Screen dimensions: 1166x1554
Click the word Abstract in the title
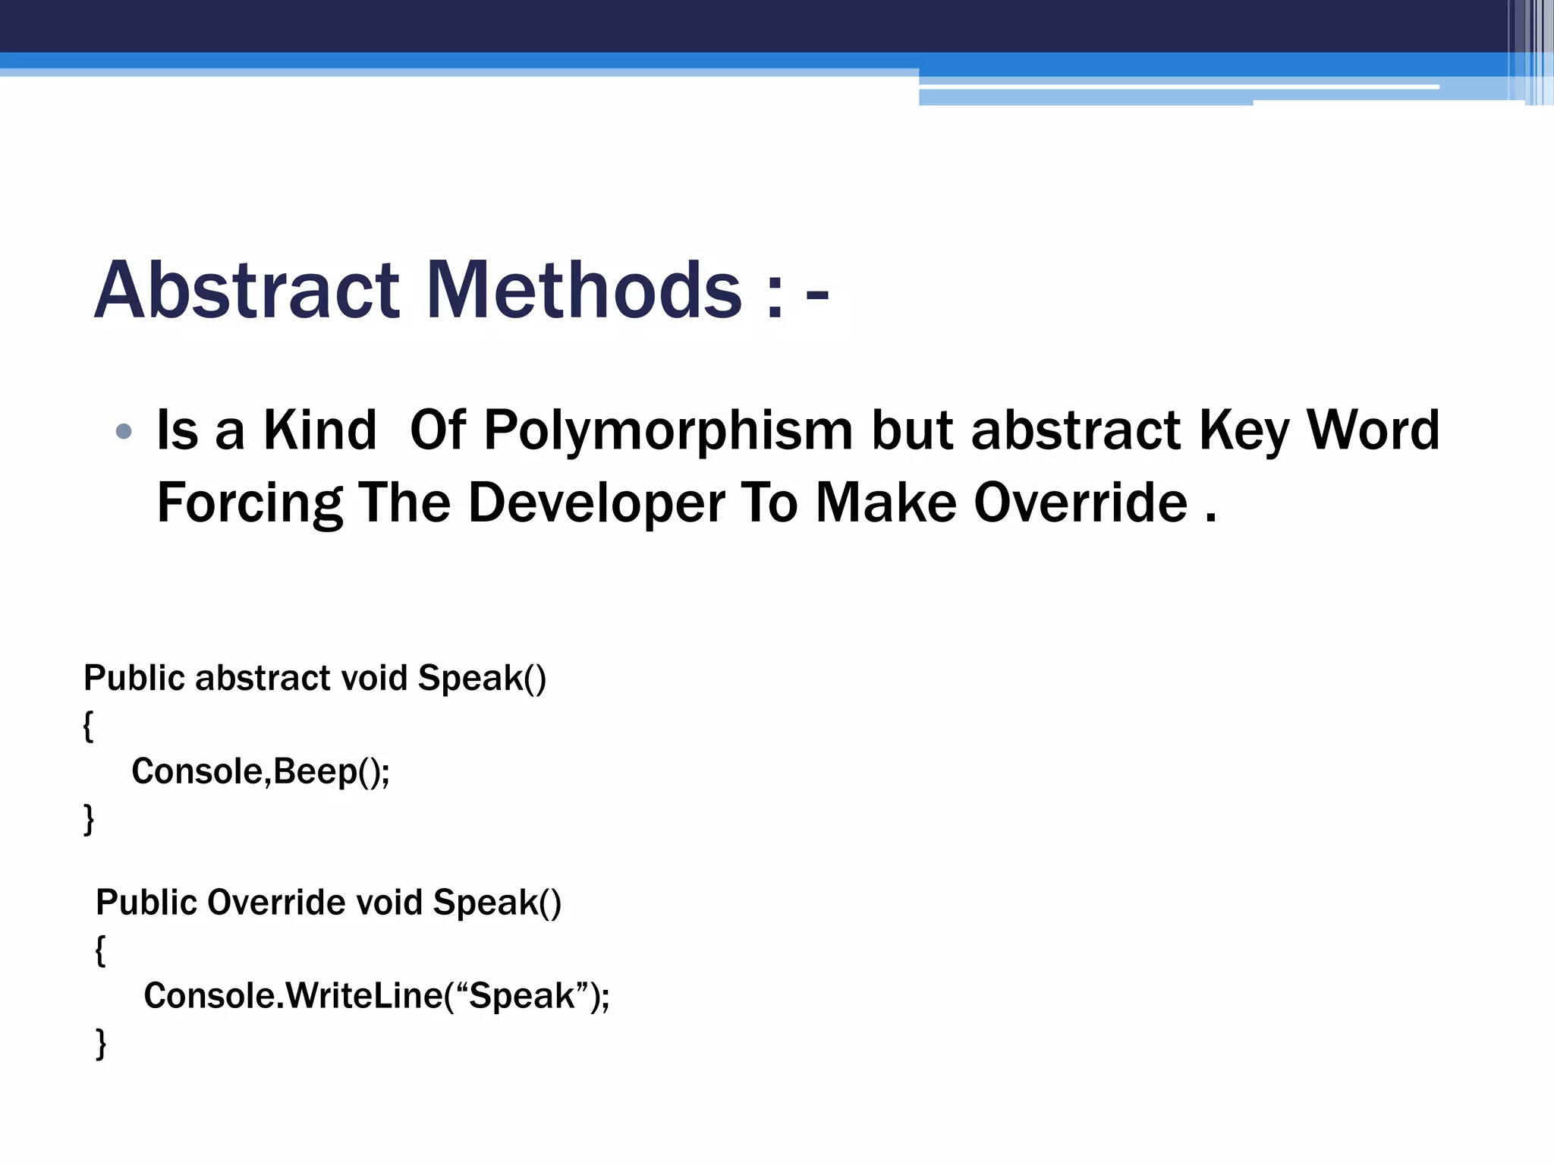247,290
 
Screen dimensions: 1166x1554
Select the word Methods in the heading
584,290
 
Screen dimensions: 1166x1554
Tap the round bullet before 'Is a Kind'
124,432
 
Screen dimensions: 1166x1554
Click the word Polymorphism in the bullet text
668,431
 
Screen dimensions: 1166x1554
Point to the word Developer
596,503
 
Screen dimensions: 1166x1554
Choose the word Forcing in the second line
250,504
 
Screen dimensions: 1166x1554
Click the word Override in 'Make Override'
1081,503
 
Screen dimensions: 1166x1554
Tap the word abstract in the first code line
263,678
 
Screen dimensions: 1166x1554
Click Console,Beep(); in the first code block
260,771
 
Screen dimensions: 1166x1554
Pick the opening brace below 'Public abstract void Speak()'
88,726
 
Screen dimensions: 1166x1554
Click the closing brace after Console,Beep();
89,819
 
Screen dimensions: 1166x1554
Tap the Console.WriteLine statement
376,996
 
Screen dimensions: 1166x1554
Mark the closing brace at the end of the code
101,1043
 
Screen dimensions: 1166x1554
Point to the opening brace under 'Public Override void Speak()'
100,950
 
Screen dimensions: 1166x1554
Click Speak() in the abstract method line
482,678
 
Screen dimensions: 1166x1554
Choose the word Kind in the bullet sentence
319,431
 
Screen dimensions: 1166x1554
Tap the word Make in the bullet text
886,503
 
